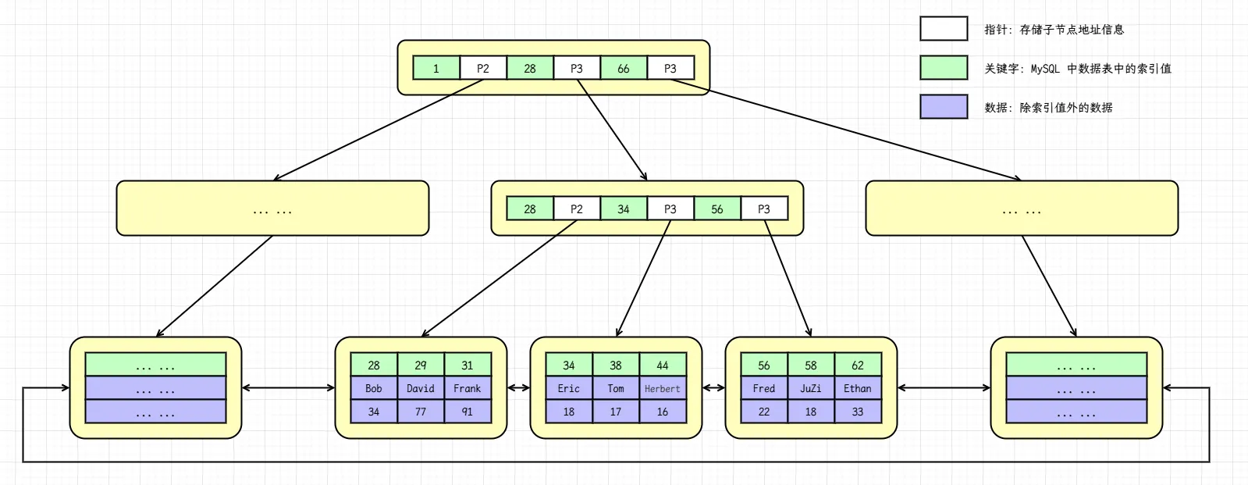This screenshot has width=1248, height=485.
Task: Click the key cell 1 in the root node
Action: point(436,69)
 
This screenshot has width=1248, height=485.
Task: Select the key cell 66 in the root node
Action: point(624,69)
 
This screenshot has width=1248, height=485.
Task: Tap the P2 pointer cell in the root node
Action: point(483,69)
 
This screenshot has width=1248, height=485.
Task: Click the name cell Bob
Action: point(374,388)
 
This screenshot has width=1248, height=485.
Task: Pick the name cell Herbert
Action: point(663,388)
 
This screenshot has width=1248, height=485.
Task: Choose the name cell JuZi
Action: point(811,388)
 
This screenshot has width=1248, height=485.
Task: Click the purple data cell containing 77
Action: point(421,412)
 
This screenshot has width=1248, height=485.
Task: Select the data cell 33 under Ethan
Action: point(858,412)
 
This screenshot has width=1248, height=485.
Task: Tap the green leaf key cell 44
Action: point(663,365)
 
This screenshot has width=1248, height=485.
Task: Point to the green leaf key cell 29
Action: point(421,365)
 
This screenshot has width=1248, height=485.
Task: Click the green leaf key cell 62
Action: point(858,365)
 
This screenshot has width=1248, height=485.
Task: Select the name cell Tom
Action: point(616,388)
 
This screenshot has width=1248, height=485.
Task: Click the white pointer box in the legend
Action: point(944,29)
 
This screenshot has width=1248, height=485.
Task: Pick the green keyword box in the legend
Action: point(944,68)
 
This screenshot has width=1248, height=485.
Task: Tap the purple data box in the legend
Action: point(944,107)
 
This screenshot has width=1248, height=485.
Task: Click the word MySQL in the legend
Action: point(1045,69)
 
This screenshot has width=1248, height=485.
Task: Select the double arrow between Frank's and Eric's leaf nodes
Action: point(518,387)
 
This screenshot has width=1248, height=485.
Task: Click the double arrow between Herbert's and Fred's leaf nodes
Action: point(713,387)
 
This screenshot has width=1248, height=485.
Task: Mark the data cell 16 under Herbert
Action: point(663,412)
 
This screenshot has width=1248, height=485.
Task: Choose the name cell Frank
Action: point(468,388)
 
